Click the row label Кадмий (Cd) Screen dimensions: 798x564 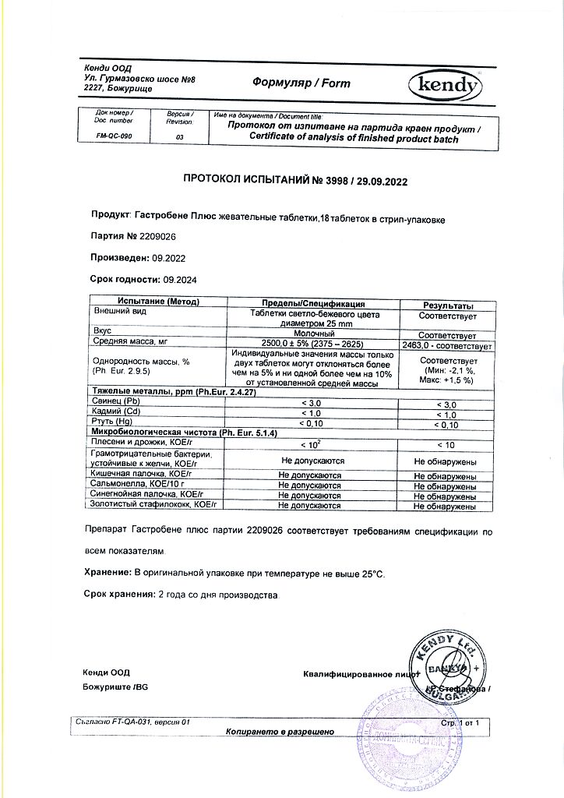[118, 411]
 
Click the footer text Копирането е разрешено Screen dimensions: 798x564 [280, 732]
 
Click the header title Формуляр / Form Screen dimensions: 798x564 [301, 83]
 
